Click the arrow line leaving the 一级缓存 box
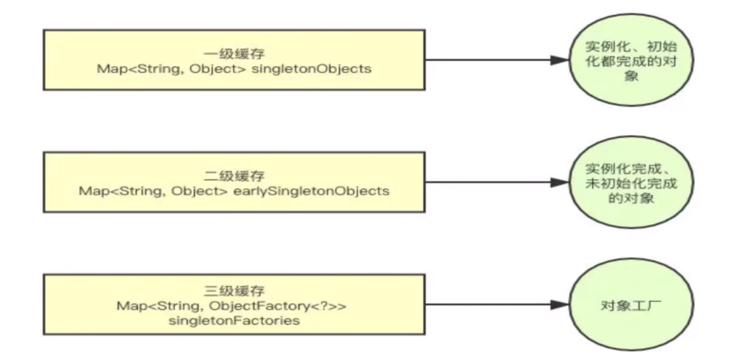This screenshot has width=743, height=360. pyautogui.click(x=486, y=61)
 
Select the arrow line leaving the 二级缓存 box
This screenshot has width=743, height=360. pyautogui.click(x=486, y=184)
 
